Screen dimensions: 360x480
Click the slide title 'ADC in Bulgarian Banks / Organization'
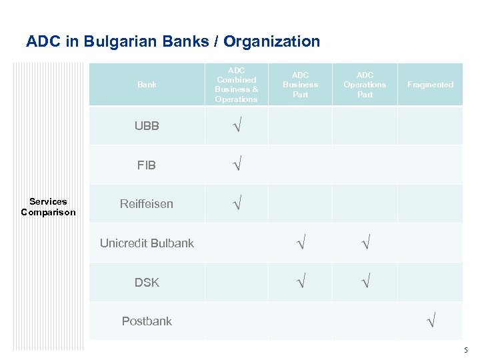click(173, 41)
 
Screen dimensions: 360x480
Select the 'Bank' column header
click(147, 85)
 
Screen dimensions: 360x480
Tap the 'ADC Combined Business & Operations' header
click(236, 85)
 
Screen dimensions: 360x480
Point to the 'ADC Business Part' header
click(300, 85)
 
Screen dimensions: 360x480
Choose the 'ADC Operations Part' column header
click(365, 85)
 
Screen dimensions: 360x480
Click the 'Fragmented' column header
click(430, 85)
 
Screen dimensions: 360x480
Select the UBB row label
click(147, 125)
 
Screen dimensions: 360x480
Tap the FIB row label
click(147, 165)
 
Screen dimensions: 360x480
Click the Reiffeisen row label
click(147, 204)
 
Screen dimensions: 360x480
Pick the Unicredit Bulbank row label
click(147, 243)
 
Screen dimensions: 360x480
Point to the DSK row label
click(147, 282)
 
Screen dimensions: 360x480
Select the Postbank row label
click(147, 321)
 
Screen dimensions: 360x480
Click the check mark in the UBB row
click(236, 125)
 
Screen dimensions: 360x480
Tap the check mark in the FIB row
click(236, 165)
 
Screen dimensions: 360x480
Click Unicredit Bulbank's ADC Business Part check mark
click(301, 243)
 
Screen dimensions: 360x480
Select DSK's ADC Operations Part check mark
click(365, 282)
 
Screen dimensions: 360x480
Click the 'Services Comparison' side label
click(48, 207)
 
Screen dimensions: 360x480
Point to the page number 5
click(466, 350)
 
